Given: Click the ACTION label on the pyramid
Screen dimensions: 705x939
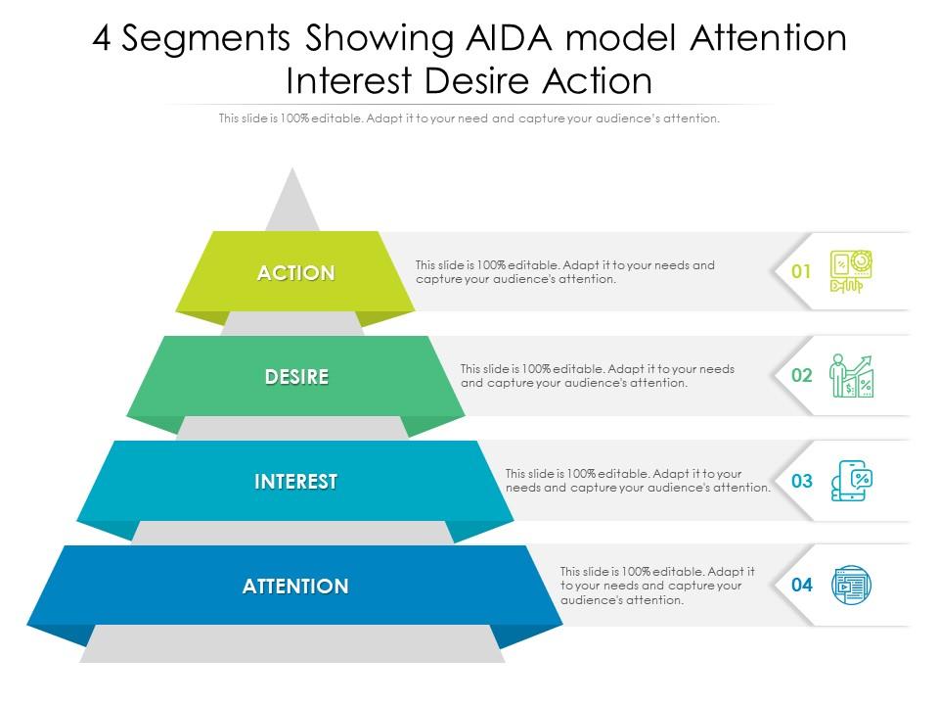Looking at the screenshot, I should [295, 273].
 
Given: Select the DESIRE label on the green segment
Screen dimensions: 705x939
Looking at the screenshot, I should [296, 377].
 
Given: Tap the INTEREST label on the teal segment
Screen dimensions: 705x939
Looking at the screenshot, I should [295, 482].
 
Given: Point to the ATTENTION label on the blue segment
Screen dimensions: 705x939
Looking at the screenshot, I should [295, 587].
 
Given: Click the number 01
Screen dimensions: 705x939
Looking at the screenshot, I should [802, 272].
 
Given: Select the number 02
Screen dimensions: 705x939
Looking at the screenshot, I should [802, 376].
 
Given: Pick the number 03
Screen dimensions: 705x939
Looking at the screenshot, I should [802, 481].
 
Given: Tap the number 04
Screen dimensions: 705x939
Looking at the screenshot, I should [802, 586].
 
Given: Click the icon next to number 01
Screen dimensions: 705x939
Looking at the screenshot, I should [851, 271].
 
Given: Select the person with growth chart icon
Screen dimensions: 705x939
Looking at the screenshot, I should [851, 376].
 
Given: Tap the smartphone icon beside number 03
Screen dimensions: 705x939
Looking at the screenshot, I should [851, 481].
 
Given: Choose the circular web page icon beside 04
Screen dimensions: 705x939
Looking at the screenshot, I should [851, 586].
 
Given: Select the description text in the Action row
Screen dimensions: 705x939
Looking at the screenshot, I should [564, 272].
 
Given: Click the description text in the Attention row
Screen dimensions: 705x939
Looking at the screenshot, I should [657, 586].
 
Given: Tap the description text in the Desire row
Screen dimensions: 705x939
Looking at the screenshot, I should [597, 376].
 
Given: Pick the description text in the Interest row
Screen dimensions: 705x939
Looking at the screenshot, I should [638, 481].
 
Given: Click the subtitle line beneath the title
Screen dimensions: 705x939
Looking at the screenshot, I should [469, 118].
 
